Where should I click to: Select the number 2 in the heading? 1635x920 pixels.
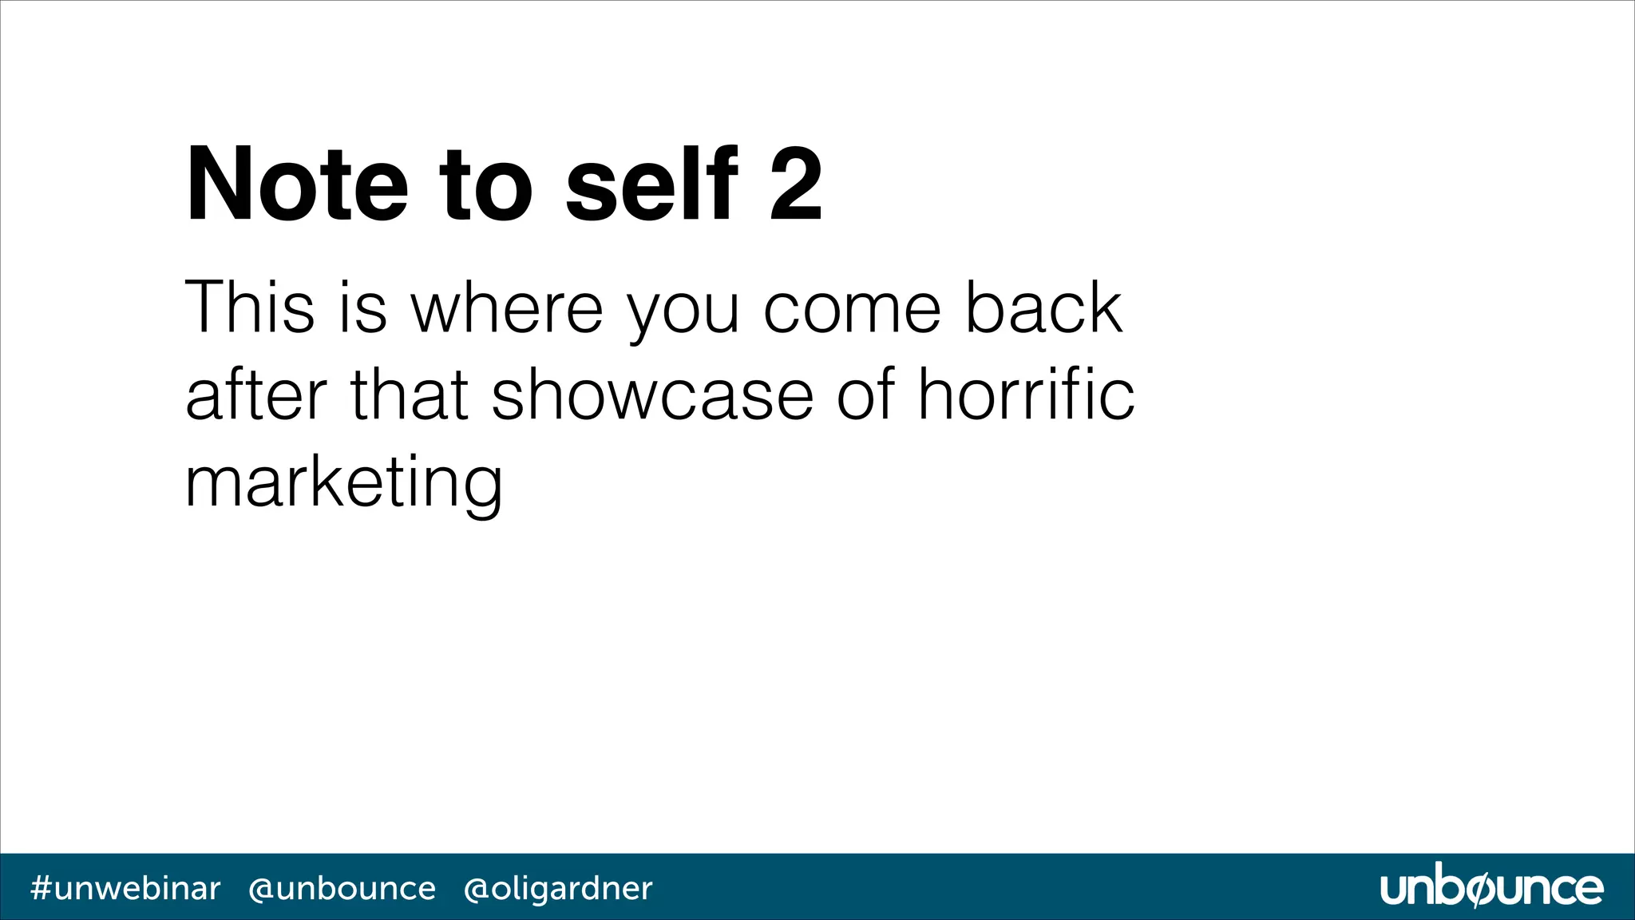(x=796, y=185)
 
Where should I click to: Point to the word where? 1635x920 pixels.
(x=507, y=307)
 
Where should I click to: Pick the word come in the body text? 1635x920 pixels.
(x=853, y=309)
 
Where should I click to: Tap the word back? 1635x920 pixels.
(x=1044, y=307)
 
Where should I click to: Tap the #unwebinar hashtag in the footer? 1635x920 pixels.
(x=125, y=888)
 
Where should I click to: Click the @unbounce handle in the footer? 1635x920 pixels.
(x=342, y=888)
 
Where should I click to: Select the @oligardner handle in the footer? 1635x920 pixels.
(x=558, y=888)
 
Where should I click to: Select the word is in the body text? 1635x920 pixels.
(x=363, y=307)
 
